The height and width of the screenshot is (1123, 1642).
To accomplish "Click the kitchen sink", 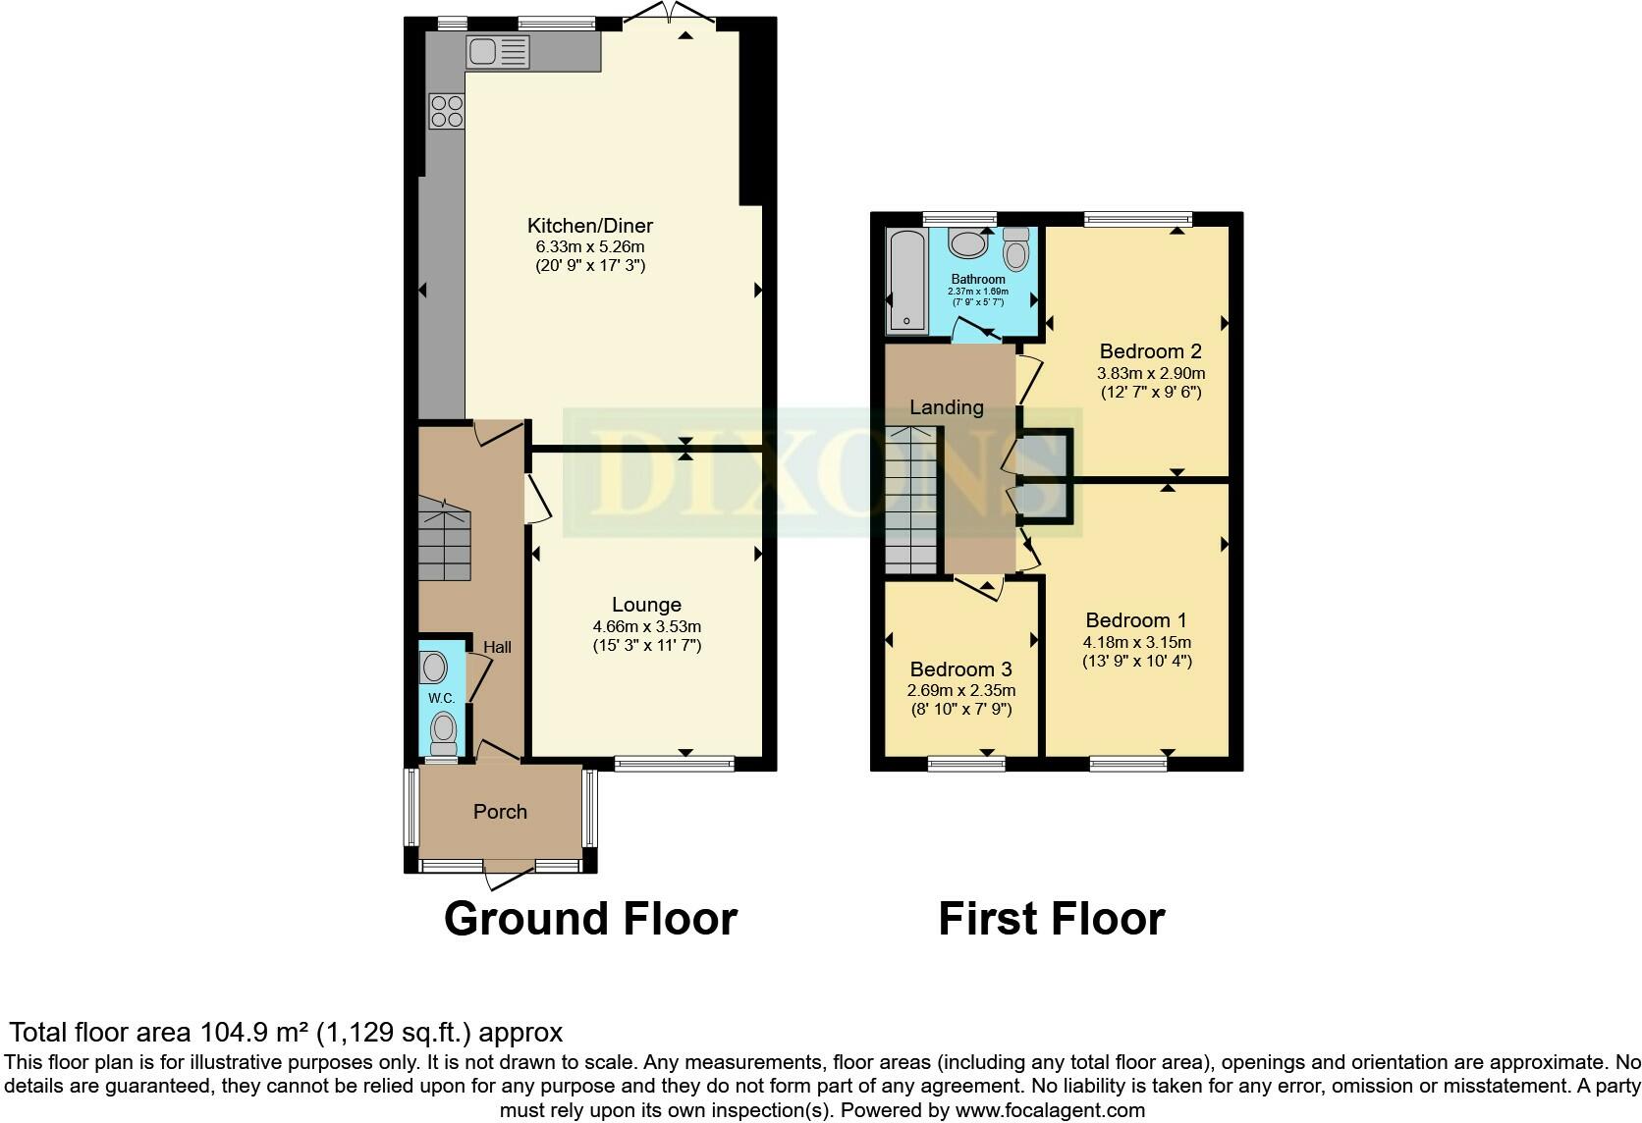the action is coord(498,52).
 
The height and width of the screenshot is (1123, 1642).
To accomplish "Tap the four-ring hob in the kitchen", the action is coord(447,111).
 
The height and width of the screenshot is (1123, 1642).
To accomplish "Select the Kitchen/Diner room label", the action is coord(590,226).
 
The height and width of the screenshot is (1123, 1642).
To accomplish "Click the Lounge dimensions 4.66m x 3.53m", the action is coord(646,627).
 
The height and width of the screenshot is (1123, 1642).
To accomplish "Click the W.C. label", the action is coord(441,698).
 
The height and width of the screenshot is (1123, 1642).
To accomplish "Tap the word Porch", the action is coord(500,812).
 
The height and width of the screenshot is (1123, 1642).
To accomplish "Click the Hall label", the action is coord(497,647).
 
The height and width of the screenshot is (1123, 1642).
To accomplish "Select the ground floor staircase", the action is coord(444,539).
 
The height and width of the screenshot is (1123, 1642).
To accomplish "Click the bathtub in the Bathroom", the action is coord(907,281).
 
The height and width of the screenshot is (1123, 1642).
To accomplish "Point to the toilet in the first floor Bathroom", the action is coord(1016,249).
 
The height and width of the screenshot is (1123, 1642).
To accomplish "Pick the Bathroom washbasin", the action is coord(967,243).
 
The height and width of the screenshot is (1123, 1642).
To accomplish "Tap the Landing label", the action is coord(947,407).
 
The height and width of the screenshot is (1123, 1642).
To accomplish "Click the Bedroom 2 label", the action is coord(1150,351).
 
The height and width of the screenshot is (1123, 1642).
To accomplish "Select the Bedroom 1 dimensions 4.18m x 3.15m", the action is coord(1137,642).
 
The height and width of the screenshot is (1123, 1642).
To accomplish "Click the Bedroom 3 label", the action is coord(961,669).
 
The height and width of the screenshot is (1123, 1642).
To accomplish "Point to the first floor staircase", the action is coord(912,501).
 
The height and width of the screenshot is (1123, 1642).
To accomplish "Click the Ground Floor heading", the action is coord(591,919).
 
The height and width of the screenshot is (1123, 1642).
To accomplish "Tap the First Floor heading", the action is coord(1052,919).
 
